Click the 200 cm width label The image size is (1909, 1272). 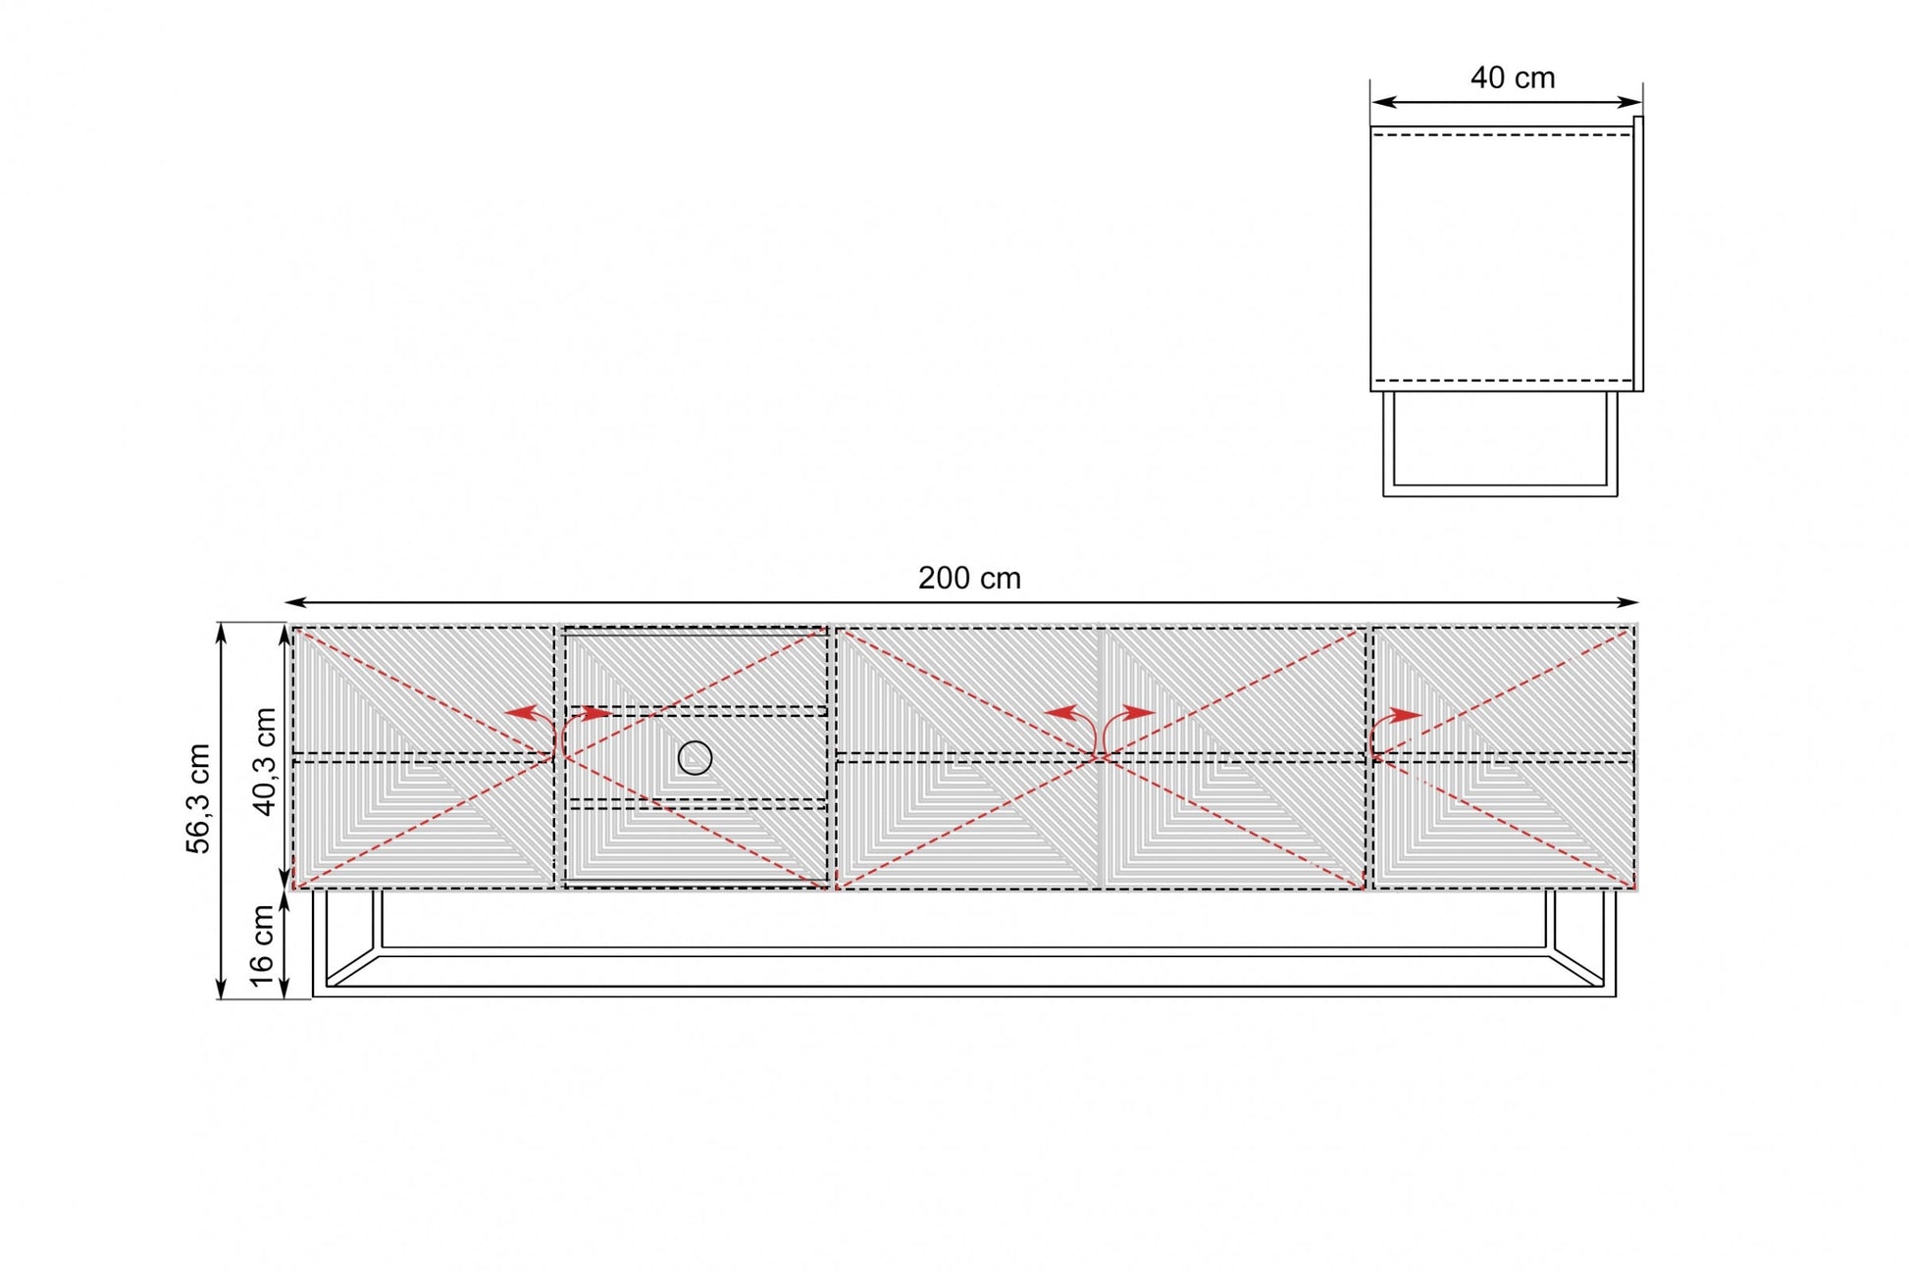(x=969, y=579)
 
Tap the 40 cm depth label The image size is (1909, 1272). (x=1513, y=77)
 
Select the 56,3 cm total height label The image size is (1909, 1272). (x=199, y=798)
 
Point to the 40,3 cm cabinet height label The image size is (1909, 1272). (x=265, y=761)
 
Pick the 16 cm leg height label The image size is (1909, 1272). (x=262, y=945)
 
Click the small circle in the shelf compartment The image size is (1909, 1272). (x=695, y=757)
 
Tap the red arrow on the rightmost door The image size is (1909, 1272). (x=1393, y=728)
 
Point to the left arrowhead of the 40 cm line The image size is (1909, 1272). (x=1383, y=101)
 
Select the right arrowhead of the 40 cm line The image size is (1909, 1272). (x=1630, y=101)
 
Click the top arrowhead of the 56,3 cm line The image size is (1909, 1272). (x=222, y=634)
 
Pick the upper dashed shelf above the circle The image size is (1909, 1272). (x=697, y=711)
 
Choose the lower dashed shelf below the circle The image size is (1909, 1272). (x=697, y=803)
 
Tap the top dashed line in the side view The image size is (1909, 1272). (x=1501, y=135)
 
